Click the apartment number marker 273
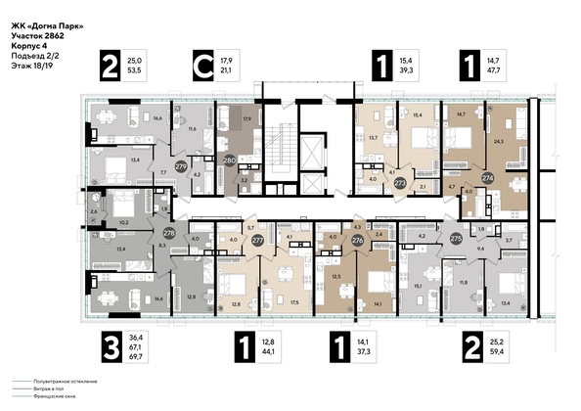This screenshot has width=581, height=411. (x=399, y=182)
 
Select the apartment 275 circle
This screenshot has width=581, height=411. (x=455, y=238)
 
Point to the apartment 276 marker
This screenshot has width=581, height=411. (x=357, y=238)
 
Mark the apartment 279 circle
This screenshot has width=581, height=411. (x=180, y=167)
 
